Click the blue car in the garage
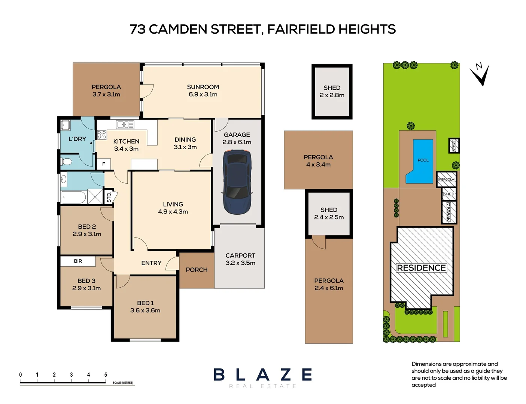click(237, 182)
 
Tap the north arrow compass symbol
click(481, 74)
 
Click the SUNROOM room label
click(203, 87)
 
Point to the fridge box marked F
click(104, 164)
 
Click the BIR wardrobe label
click(78, 261)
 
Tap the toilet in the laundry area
click(66, 162)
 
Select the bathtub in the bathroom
click(74, 197)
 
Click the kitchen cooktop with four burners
click(101, 135)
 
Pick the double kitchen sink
click(125, 125)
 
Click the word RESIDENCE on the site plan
click(421, 268)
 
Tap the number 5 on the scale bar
click(106, 374)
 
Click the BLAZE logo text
click(263, 374)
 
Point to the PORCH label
click(197, 270)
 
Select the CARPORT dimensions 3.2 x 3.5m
click(240, 263)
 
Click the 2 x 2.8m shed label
click(332, 95)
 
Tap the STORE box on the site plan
click(454, 145)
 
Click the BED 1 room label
click(145, 303)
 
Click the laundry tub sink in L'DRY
click(66, 125)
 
